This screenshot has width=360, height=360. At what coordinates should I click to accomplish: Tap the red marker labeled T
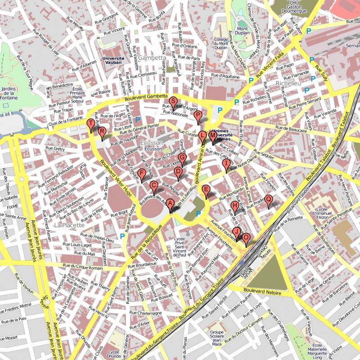pyautogui.click(x=90, y=124)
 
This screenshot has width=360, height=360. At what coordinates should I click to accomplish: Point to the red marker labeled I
pyautogui.click(x=226, y=164)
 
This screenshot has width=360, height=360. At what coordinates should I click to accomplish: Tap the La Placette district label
pyautogui.click(x=69, y=225)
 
